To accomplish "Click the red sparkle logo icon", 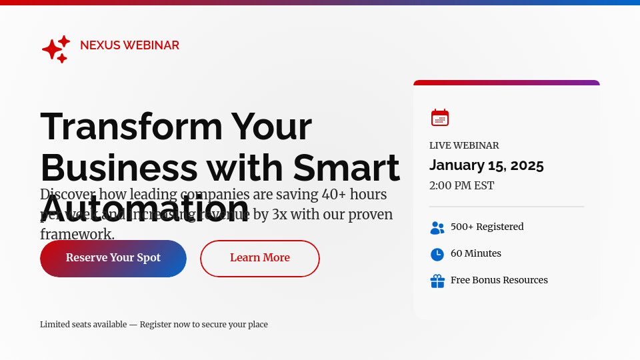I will pos(55,49).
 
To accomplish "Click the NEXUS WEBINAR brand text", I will pos(129,45).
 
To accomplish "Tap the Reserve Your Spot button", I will pos(113,259).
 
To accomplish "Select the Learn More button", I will pos(260,259).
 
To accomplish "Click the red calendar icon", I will pos(440,118).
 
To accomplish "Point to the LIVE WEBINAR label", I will pos(464,145).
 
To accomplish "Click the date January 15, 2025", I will pos(487,165).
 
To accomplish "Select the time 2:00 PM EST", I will pos(461,185).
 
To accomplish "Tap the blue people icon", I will pos(437,227).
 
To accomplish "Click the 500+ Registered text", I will pos(487,227).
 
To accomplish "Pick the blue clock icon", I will pos(437,254).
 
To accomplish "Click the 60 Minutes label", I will pos(476,253).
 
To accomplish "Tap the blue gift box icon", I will pos(437,281).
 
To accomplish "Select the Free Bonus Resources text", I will pos(499,280).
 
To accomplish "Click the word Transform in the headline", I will pos(131,126).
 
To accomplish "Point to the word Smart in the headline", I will pos(347,167).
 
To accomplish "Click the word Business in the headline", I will pos(119,167).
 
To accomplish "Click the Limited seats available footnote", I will pos(154,325).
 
